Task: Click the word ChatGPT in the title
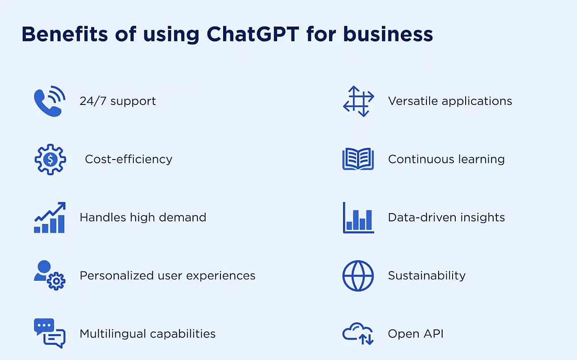(253, 34)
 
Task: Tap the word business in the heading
(388, 34)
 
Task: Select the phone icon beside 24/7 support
(50, 101)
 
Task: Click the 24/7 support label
(118, 101)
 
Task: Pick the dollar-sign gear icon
(50, 159)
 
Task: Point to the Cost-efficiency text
(128, 159)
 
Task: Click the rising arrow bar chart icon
(50, 218)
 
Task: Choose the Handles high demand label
(143, 217)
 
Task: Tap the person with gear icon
(50, 275)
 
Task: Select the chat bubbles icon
(50, 333)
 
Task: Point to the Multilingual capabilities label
(147, 334)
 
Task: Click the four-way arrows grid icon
(358, 101)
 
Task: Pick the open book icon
(358, 159)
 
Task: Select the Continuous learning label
(446, 159)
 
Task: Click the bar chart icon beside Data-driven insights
(358, 218)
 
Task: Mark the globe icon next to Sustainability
(358, 276)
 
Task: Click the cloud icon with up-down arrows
(358, 333)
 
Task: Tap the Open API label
(416, 334)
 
